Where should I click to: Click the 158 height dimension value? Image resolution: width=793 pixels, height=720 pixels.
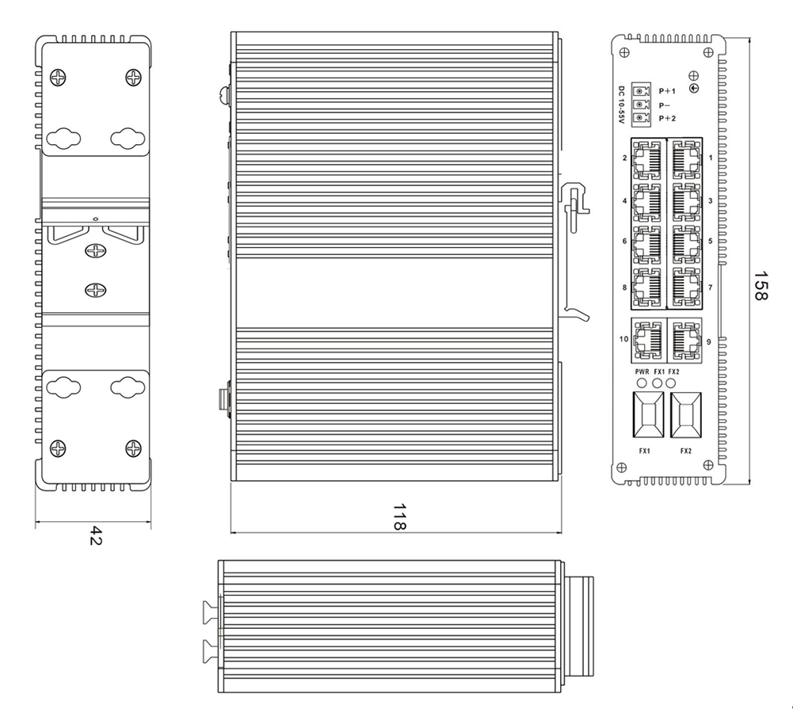click(x=760, y=285)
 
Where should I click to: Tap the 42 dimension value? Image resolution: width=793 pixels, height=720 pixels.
click(x=93, y=535)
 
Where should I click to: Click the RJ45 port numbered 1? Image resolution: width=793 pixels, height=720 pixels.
click(x=684, y=158)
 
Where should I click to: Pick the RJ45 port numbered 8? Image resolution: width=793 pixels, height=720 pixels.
click(x=647, y=288)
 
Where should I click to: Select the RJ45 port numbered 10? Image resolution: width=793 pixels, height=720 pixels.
click(x=648, y=339)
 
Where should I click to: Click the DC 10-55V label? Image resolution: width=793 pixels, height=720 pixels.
click(x=622, y=104)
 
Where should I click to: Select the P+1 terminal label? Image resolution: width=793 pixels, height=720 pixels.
click(x=667, y=92)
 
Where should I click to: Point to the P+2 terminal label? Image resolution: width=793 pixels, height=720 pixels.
click(x=667, y=117)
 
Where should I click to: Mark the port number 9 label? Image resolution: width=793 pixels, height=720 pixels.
click(x=708, y=341)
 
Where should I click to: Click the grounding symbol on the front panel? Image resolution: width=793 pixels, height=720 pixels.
click(x=695, y=88)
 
